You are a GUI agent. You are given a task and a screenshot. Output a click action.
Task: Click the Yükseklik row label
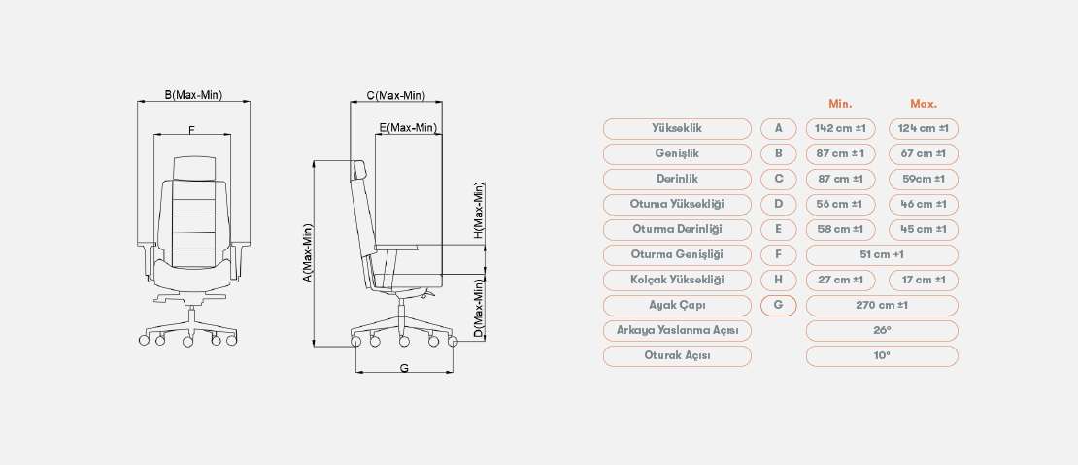(x=677, y=128)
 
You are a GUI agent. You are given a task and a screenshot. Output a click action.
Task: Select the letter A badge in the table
(x=778, y=128)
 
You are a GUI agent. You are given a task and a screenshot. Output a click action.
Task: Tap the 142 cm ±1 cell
(x=841, y=128)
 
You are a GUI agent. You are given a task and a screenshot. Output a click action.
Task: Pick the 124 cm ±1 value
(x=923, y=128)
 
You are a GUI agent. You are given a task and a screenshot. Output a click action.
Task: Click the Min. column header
(x=840, y=104)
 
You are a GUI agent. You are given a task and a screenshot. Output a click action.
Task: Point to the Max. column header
(x=923, y=104)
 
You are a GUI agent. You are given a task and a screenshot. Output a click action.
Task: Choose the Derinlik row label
(x=677, y=179)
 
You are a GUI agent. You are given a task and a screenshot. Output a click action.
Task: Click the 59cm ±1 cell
(x=923, y=179)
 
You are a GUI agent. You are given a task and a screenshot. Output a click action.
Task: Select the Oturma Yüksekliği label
(x=677, y=204)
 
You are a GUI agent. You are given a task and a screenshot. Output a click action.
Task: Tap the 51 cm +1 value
(x=882, y=254)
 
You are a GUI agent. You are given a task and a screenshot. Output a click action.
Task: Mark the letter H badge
(x=778, y=280)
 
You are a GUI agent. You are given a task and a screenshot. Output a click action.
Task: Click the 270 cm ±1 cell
(x=882, y=305)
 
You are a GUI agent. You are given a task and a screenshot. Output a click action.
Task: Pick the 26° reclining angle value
(x=882, y=330)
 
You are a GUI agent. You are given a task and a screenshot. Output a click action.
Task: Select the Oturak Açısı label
(x=677, y=355)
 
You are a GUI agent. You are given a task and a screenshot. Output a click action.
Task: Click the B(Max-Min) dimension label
(x=193, y=95)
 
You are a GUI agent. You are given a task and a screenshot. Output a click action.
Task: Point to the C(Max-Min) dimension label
(x=395, y=95)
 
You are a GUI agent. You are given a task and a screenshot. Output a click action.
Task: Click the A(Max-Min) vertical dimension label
(x=306, y=252)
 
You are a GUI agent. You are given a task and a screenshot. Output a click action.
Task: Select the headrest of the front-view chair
(x=193, y=167)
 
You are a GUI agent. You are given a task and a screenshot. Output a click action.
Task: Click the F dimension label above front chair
(x=191, y=129)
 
